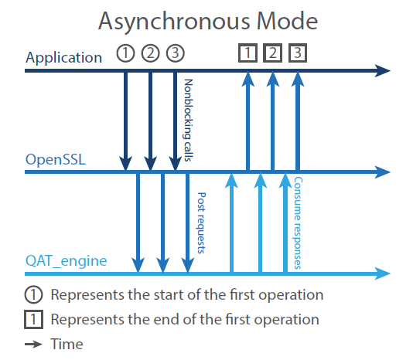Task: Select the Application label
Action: click(63, 57)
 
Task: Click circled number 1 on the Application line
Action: click(125, 54)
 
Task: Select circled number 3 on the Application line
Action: click(176, 54)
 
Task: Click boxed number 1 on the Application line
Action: click(247, 53)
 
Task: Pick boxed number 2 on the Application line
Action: click(272, 53)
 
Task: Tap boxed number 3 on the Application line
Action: click(298, 53)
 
